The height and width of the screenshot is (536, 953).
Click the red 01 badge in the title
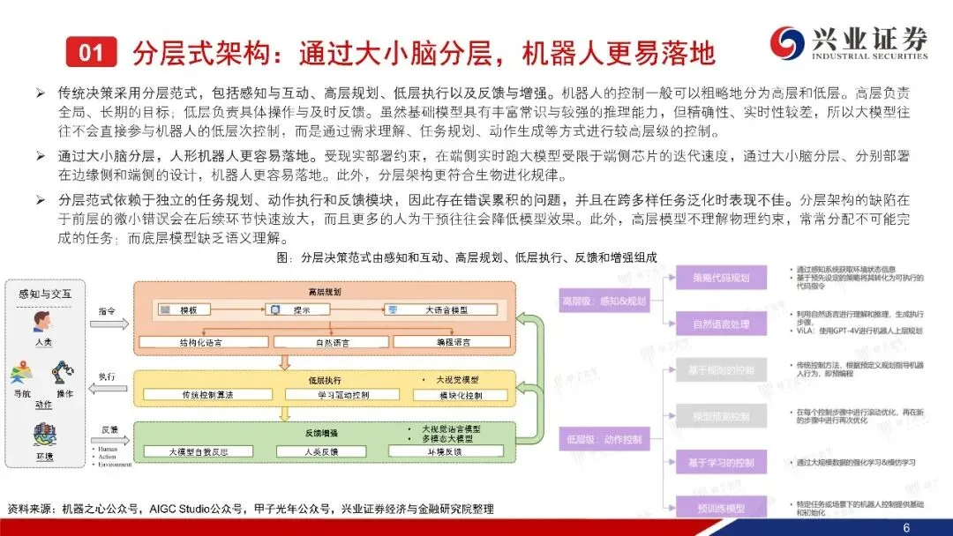(92, 52)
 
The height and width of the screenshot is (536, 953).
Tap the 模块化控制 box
(460, 395)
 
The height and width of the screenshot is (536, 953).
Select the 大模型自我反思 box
(199, 451)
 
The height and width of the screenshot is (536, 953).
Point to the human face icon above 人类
(41, 320)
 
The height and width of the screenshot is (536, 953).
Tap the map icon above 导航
(21, 374)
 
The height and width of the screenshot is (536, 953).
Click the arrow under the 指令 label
(109, 324)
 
